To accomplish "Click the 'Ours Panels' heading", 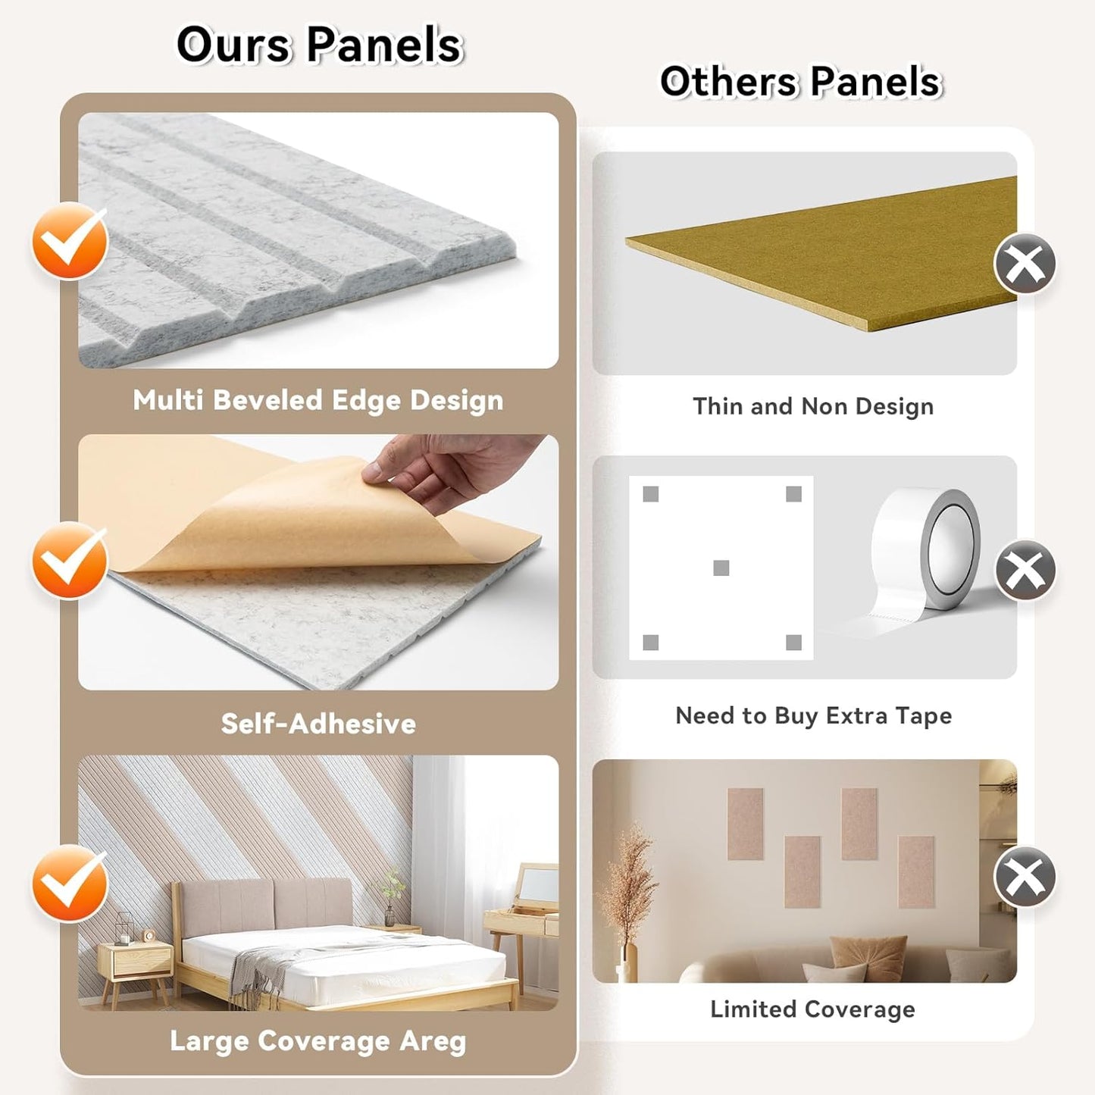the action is tap(319, 44).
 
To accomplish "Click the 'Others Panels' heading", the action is tap(801, 81).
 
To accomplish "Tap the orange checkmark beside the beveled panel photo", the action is tap(70, 241).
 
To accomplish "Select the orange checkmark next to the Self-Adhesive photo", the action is tap(70, 560).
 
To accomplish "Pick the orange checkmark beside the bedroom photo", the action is tap(70, 882).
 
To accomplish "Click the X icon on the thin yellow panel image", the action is tap(1025, 263).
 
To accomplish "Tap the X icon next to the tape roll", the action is tap(1025, 569).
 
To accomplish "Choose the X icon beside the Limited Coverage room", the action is tap(1025, 876).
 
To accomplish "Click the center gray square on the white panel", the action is tap(721, 568).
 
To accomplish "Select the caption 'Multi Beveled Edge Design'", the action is tap(318, 401).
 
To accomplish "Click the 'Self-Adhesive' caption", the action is tap(318, 724).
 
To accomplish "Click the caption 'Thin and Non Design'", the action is tap(813, 406).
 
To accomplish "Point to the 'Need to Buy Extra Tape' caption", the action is tap(813, 715).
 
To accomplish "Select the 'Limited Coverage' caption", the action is tap(812, 1009).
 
